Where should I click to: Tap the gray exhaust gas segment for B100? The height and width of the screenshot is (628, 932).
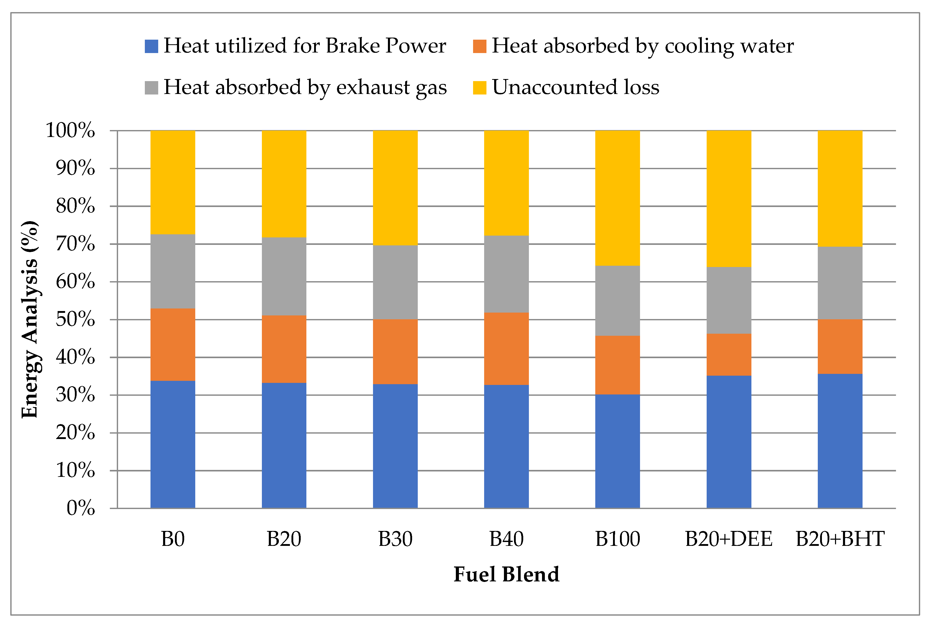(617, 300)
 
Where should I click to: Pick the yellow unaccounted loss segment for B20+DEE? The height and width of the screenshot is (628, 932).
(729, 199)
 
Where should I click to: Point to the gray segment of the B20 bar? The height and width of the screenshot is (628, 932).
(284, 276)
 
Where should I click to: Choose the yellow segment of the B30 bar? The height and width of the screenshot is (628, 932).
(395, 188)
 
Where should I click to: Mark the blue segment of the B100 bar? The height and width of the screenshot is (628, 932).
(617, 451)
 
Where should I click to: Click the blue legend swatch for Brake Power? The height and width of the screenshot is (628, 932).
(151, 46)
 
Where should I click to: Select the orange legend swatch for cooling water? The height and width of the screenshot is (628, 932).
(480, 46)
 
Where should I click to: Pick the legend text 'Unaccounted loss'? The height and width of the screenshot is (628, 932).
(575, 87)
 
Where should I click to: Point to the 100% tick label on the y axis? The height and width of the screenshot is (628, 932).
(70, 130)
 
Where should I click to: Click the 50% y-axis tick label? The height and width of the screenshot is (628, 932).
(75, 320)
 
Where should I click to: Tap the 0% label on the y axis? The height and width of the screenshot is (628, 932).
(81, 508)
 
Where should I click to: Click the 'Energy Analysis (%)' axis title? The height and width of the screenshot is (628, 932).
(30, 319)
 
